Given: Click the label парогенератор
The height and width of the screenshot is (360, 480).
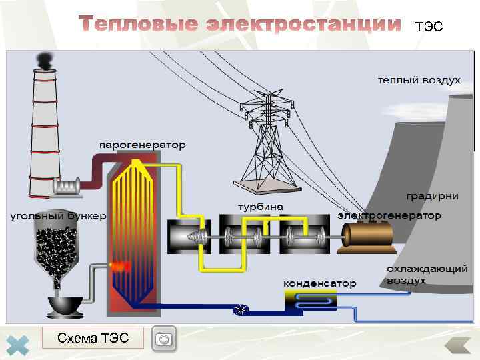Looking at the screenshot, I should click(143, 145).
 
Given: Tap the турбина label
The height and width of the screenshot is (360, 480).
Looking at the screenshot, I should click(261, 207).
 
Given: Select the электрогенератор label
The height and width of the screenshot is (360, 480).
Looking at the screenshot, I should click(389, 215).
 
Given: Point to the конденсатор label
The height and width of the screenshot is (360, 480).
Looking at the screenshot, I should click(320, 283).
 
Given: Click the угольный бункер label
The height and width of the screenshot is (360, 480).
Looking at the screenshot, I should click(57, 217).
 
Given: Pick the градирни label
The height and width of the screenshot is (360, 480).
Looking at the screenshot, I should click(432, 196).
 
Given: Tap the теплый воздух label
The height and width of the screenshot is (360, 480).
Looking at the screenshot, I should click(419, 80).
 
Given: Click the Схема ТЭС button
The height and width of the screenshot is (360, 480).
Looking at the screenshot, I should click(93, 338).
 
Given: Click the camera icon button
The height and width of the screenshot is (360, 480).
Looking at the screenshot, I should click(164, 339).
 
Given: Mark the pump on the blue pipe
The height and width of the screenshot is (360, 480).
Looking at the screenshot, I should click(241, 309).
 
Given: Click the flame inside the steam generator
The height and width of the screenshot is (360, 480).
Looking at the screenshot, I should click(121, 266).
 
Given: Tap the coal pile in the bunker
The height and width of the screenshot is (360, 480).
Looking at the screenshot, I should click(57, 250).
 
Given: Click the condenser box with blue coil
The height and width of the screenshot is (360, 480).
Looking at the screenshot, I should click(311, 301).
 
